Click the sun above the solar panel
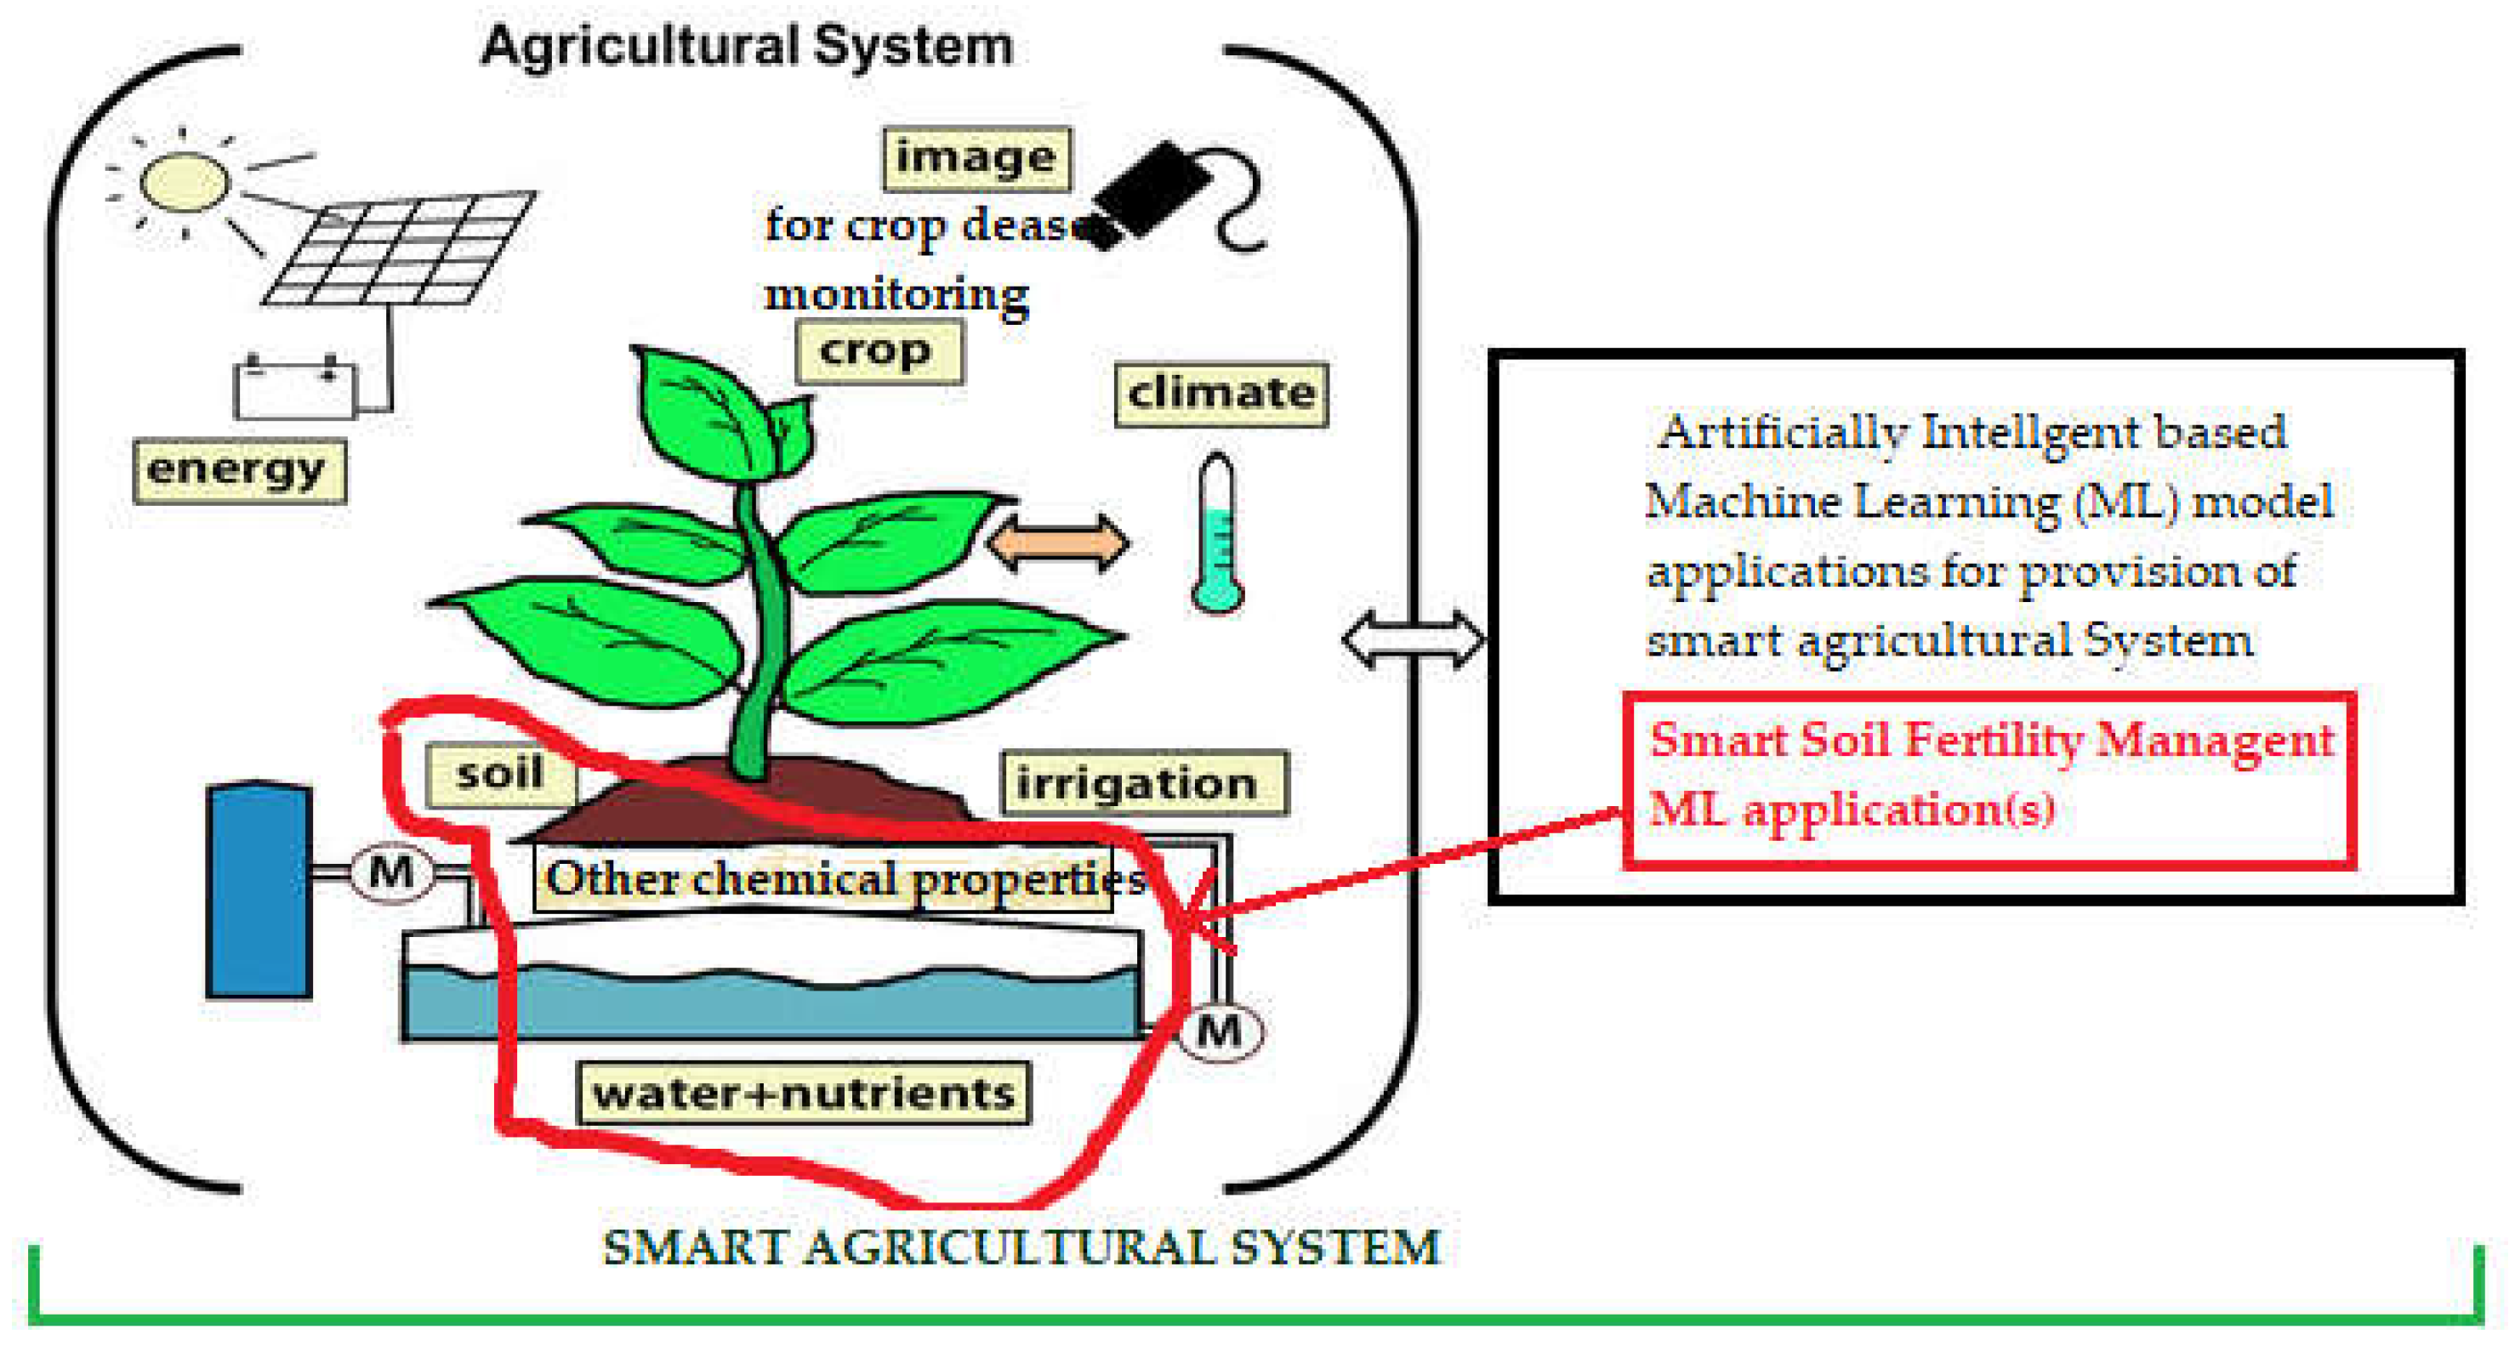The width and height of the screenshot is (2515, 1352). tap(185, 182)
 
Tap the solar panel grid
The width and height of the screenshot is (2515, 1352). tap(401, 248)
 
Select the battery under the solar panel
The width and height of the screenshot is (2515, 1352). tap(295, 389)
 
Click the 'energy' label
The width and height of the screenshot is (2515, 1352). tap(239, 470)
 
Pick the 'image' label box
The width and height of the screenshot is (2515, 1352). tap(976, 158)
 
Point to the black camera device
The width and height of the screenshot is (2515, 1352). tap(1152, 190)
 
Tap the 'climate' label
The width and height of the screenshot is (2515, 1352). tap(1221, 395)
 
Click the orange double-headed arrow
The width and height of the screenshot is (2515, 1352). tap(1059, 543)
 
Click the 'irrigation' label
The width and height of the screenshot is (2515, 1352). tap(1143, 783)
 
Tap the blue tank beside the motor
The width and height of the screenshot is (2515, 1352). tap(259, 890)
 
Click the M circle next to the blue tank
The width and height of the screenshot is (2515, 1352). tap(390, 872)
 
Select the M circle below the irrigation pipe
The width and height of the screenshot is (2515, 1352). tap(1220, 1031)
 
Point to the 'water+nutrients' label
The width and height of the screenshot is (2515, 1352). tap(804, 1094)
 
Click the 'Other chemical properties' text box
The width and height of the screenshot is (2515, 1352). tap(823, 878)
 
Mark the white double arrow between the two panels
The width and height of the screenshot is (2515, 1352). tap(1413, 640)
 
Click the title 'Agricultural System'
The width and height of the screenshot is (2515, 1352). tap(747, 46)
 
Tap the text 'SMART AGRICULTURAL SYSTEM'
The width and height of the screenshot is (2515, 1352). tap(1021, 1247)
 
